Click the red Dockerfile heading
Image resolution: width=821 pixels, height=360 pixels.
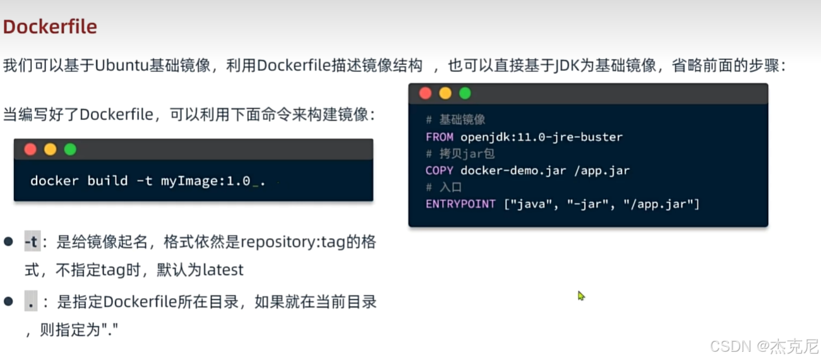(50, 27)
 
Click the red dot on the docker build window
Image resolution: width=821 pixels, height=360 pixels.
(30, 150)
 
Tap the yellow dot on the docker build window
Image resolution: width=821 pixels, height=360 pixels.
(51, 150)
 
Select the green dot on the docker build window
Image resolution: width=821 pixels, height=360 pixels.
(70, 150)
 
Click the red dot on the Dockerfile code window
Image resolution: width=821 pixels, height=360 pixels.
(425, 93)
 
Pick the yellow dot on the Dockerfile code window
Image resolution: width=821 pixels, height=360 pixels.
(445, 93)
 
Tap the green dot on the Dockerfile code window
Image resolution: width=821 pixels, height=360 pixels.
(465, 93)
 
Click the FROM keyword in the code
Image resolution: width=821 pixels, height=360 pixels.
(440, 137)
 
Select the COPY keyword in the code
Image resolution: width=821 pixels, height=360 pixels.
(440, 171)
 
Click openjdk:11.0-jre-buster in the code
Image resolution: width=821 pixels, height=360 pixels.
(541, 137)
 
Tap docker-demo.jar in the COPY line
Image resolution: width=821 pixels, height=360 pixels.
(513, 171)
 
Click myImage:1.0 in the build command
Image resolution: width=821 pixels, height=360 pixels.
(205, 181)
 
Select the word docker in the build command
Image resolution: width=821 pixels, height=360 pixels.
(54, 181)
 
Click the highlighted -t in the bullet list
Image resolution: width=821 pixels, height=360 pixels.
(31, 242)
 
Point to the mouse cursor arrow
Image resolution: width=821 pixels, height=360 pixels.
(580, 295)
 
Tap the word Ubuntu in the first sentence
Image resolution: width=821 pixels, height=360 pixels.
(121, 66)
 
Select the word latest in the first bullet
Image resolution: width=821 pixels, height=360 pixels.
(223, 270)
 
